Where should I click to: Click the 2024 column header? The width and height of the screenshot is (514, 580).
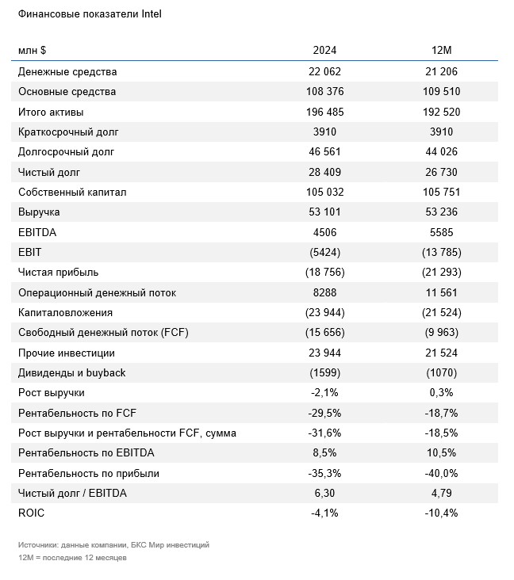(x=324, y=50)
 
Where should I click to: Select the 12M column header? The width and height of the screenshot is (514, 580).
(x=441, y=50)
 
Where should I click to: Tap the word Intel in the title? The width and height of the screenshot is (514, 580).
(x=152, y=14)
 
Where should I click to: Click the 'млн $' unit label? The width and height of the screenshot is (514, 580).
(x=33, y=50)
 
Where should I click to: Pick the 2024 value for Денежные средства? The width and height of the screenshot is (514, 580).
(x=324, y=71)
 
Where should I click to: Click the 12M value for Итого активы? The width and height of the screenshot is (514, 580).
(x=441, y=112)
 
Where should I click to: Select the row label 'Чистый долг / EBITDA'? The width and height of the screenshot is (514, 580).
(x=72, y=493)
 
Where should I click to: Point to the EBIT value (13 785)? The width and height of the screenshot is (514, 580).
(x=441, y=252)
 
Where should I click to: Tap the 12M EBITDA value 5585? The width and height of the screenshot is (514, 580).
(x=441, y=232)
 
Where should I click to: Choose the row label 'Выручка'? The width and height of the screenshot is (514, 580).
(x=39, y=212)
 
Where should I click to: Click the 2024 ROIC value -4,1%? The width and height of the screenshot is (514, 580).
(x=324, y=513)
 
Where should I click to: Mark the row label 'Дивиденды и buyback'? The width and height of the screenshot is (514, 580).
(x=72, y=373)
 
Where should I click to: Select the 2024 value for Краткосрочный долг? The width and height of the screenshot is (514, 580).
(x=324, y=132)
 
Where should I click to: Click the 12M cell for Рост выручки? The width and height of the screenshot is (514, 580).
(x=441, y=392)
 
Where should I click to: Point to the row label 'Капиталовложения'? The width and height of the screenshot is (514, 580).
(x=65, y=312)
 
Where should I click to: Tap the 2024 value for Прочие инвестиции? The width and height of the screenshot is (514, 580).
(x=324, y=353)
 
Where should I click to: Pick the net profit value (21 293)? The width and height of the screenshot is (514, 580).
(x=441, y=273)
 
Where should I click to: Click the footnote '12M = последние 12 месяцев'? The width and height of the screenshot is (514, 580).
(x=73, y=558)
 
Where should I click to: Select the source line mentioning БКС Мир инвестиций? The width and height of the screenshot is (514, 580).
(x=113, y=545)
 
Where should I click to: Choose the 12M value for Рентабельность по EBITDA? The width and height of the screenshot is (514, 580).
(x=441, y=452)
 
